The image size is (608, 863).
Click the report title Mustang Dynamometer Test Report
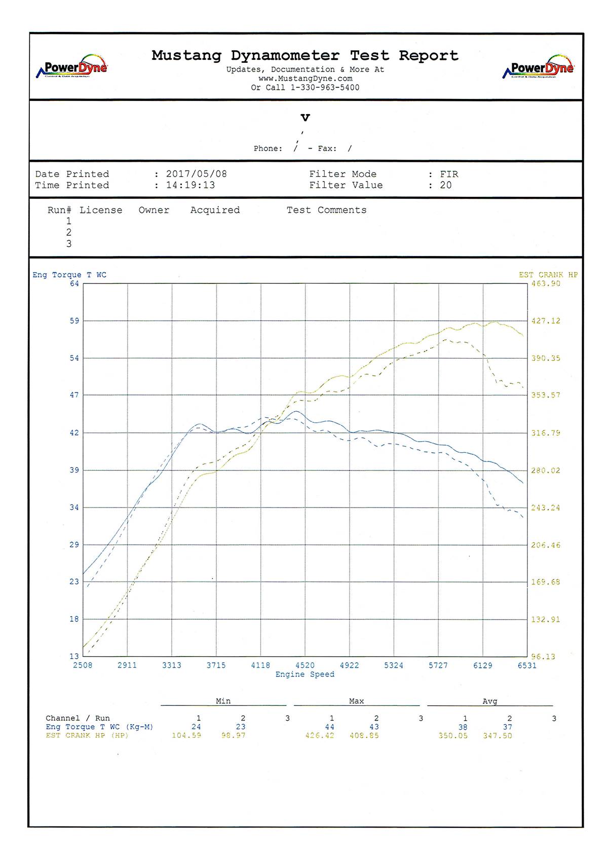(305, 55)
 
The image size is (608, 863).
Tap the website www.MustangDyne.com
(305, 79)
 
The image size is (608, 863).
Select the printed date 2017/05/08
(197, 174)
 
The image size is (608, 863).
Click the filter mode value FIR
(449, 174)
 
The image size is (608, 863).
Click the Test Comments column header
(326, 210)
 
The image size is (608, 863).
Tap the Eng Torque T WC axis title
(69, 275)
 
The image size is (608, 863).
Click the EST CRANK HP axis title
(548, 275)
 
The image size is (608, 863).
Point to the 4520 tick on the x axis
(305, 665)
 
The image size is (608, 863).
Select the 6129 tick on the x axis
(482, 665)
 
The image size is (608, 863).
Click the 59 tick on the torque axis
(74, 321)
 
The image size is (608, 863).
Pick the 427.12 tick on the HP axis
(546, 321)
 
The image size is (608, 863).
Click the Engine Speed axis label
(305, 674)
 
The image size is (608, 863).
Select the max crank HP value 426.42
(320, 735)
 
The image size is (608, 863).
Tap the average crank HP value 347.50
(497, 735)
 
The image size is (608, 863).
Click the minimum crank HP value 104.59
(186, 735)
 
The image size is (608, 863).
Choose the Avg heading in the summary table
(489, 701)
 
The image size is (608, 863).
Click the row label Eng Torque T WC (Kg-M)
(99, 727)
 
